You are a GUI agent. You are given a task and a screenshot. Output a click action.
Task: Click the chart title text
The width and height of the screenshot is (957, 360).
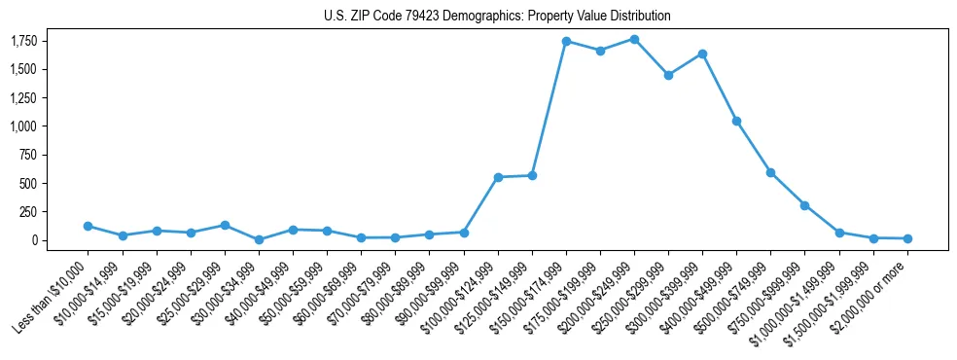point(497,17)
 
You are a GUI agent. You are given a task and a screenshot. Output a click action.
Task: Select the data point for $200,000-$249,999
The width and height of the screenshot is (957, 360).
point(634,39)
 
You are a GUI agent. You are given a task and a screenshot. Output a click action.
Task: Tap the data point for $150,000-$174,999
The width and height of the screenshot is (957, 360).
point(566,41)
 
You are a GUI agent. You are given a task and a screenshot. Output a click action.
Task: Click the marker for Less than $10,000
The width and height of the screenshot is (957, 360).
point(89,226)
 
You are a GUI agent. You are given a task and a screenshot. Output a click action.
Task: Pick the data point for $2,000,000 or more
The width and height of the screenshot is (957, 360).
point(907,238)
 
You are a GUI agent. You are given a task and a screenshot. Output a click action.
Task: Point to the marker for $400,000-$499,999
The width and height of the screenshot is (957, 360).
point(736,121)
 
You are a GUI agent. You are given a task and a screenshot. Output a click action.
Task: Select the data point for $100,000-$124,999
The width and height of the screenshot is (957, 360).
point(498,177)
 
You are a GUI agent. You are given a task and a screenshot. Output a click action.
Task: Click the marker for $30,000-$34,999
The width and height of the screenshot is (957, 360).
point(259,239)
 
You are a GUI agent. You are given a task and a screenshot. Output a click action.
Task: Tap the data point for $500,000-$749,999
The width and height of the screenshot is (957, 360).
point(770,172)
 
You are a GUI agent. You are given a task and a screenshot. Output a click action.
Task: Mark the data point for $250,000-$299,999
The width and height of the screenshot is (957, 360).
point(668,75)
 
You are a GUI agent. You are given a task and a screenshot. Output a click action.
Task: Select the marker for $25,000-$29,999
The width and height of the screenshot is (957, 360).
point(225,225)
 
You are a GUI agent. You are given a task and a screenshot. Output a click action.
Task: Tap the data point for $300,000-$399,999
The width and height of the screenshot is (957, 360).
point(702,54)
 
